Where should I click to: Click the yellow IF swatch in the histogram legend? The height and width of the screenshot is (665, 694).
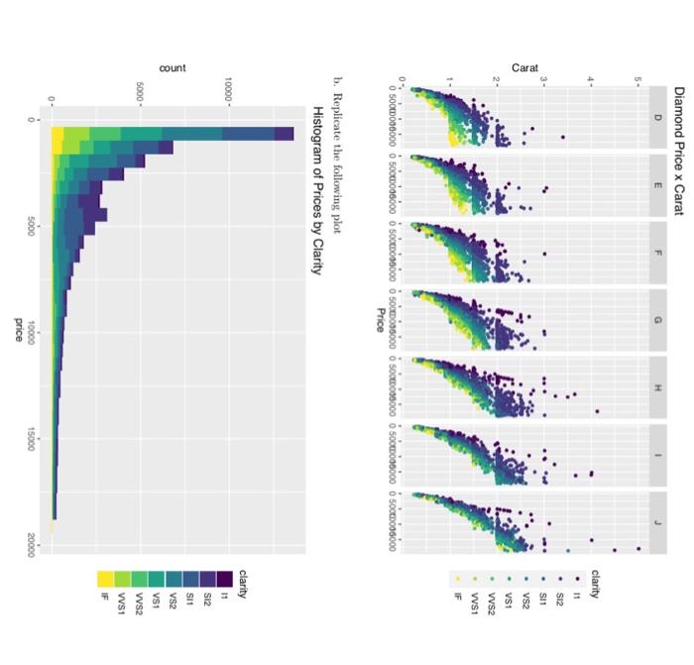click(104, 578)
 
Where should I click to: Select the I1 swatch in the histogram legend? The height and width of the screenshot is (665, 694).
click(227, 578)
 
